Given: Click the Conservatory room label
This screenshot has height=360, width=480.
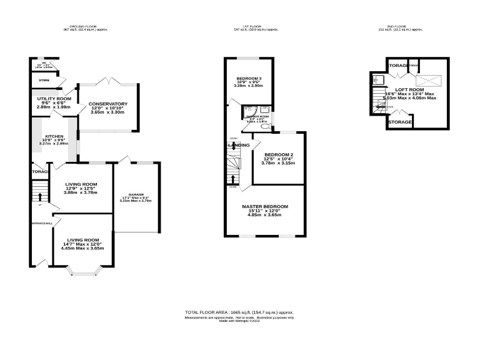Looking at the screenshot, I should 108,104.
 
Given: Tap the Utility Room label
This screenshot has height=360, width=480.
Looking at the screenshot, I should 54,99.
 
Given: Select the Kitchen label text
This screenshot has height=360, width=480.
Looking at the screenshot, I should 54,136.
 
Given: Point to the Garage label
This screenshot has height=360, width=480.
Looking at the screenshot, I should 136,194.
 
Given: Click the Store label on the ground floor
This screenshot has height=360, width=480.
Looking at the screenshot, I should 43,79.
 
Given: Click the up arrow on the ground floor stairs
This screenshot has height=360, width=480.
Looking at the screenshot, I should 40,198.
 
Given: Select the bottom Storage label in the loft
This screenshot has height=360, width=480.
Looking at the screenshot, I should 399,122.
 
